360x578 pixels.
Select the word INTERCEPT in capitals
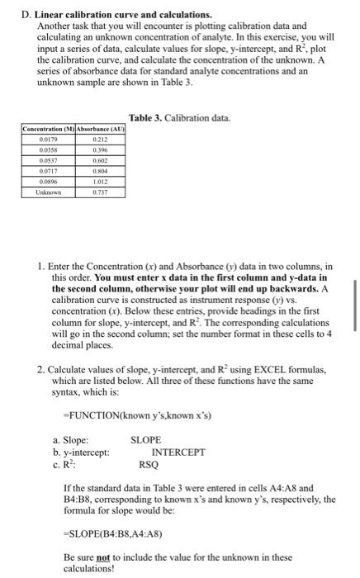[178, 452]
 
